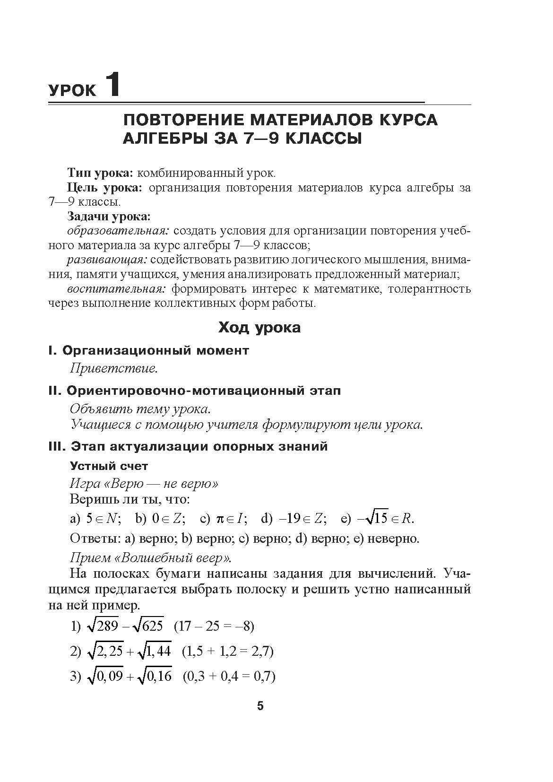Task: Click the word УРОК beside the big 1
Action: (72, 90)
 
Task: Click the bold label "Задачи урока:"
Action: (109, 217)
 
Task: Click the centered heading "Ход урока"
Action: (259, 327)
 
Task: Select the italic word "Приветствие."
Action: (113, 368)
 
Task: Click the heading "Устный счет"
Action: (109, 466)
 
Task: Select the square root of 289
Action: (103, 626)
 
